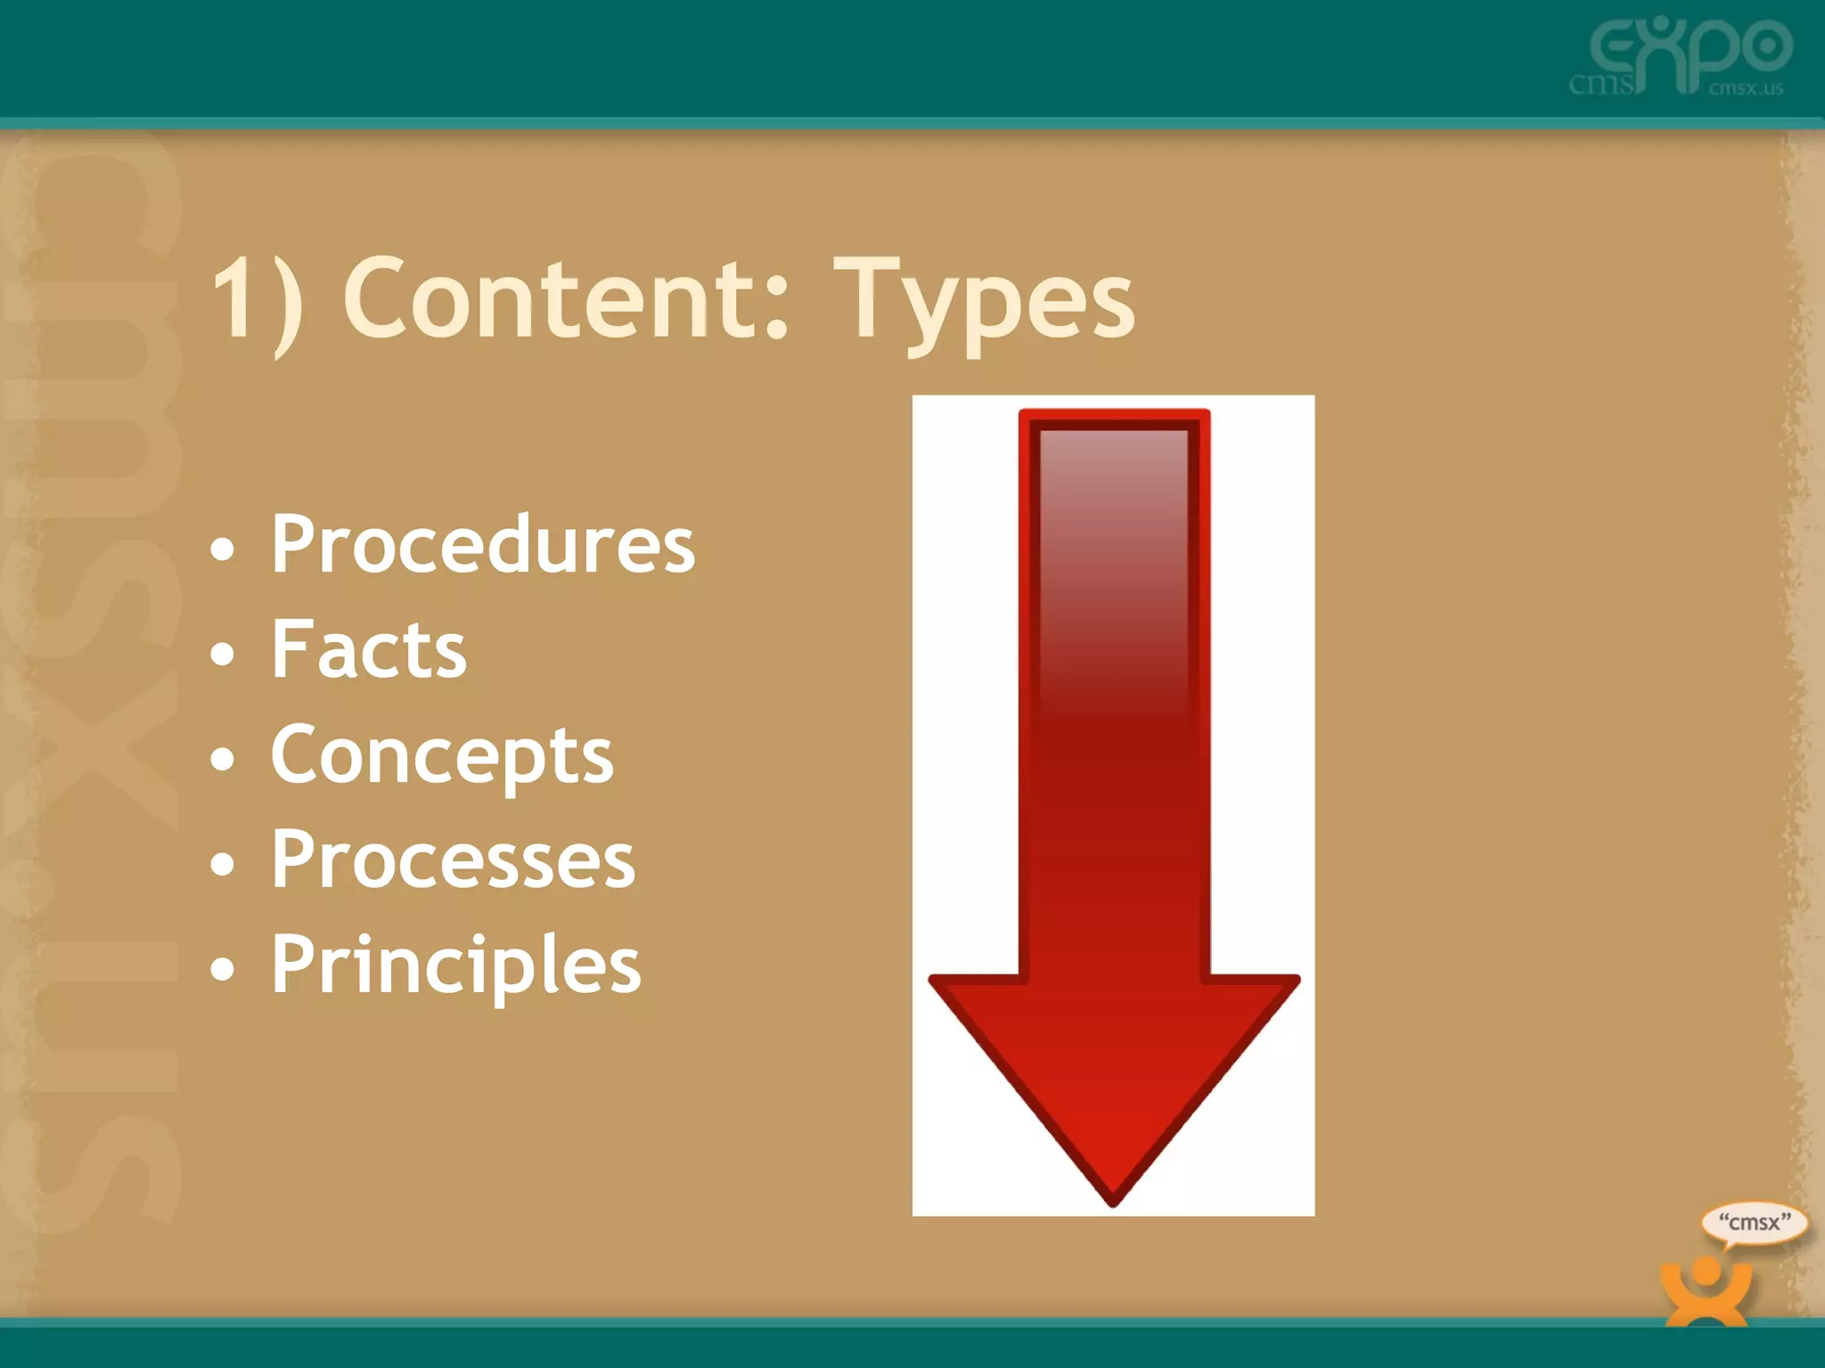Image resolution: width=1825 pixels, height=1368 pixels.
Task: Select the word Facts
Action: tap(368, 649)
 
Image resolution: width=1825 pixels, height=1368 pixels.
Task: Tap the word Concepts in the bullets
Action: tap(442, 755)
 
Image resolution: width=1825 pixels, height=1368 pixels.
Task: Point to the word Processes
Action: tap(453, 859)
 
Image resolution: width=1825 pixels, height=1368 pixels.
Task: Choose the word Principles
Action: tap(455, 965)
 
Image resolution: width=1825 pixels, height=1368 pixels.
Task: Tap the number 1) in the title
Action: tap(257, 298)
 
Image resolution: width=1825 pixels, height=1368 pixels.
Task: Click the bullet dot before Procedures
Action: tap(223, 549)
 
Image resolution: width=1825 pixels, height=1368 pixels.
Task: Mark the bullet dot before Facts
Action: tap(223, 655)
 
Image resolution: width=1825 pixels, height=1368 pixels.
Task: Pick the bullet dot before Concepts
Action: tap(223, 760)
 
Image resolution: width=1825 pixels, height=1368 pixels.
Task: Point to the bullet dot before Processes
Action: tap(223, 864)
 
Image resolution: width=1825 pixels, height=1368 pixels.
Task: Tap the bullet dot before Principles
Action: tap(223, 969)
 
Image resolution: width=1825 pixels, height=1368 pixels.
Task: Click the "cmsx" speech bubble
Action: tap(1753, 1223)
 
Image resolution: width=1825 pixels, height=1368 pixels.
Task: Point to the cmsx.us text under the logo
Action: tap(1746, 88)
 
